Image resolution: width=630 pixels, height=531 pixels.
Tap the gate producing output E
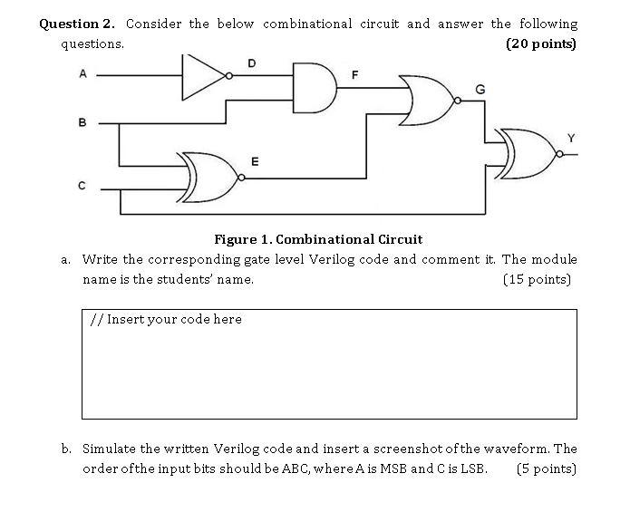209,178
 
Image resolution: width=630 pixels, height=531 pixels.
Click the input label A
82,74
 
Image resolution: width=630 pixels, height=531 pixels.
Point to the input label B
82,121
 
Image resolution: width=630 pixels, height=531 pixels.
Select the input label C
82,187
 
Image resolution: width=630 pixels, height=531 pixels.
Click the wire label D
251,63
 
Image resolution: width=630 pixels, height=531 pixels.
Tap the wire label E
255,162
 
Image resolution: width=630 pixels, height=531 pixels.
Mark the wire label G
480,88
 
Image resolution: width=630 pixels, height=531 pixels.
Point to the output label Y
570,137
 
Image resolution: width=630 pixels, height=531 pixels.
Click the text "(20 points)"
540,43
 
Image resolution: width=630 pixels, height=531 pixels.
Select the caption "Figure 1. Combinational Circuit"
317,239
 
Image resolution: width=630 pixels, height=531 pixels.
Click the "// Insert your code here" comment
166,320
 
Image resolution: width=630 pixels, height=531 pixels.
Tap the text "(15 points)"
537,279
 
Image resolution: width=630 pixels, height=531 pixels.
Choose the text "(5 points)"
546,468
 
